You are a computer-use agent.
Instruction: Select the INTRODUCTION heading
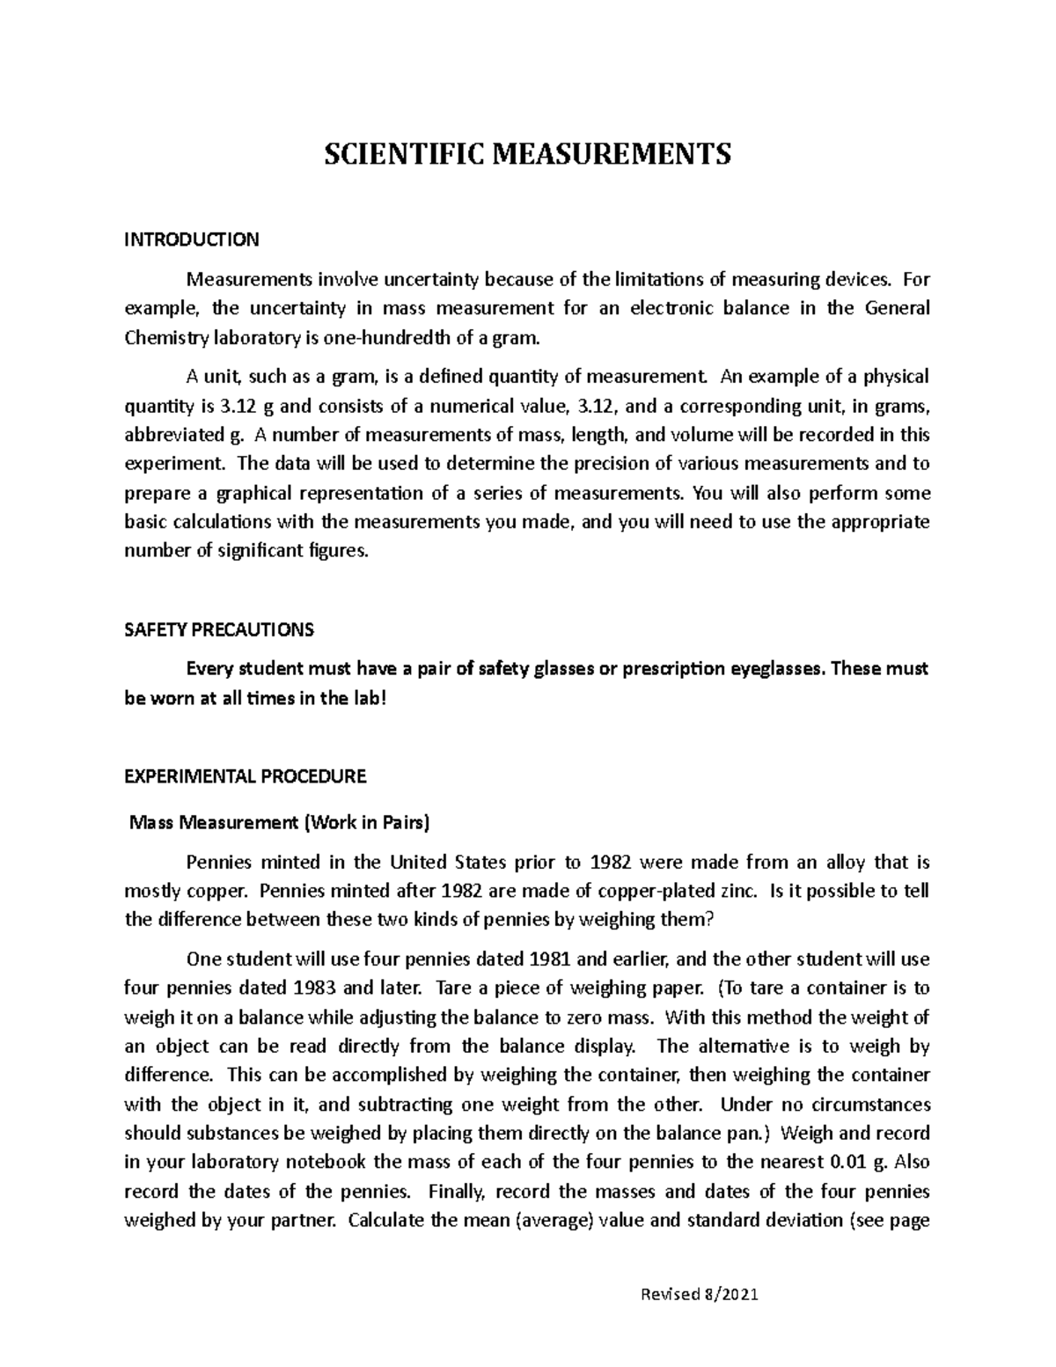click(191, 239)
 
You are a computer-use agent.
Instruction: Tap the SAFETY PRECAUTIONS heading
click(218, 630)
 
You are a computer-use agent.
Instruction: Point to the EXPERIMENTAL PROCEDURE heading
click(245, 777)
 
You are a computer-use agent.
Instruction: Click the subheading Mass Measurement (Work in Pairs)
click(279, 824)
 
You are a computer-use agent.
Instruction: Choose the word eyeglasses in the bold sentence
click(779, 669)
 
